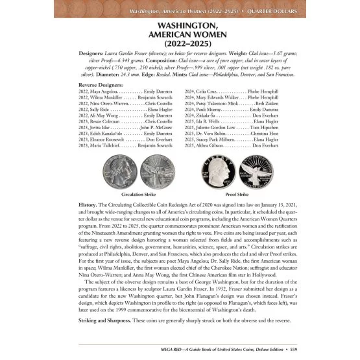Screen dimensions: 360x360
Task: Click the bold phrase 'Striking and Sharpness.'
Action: click(x=104, y=322)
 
